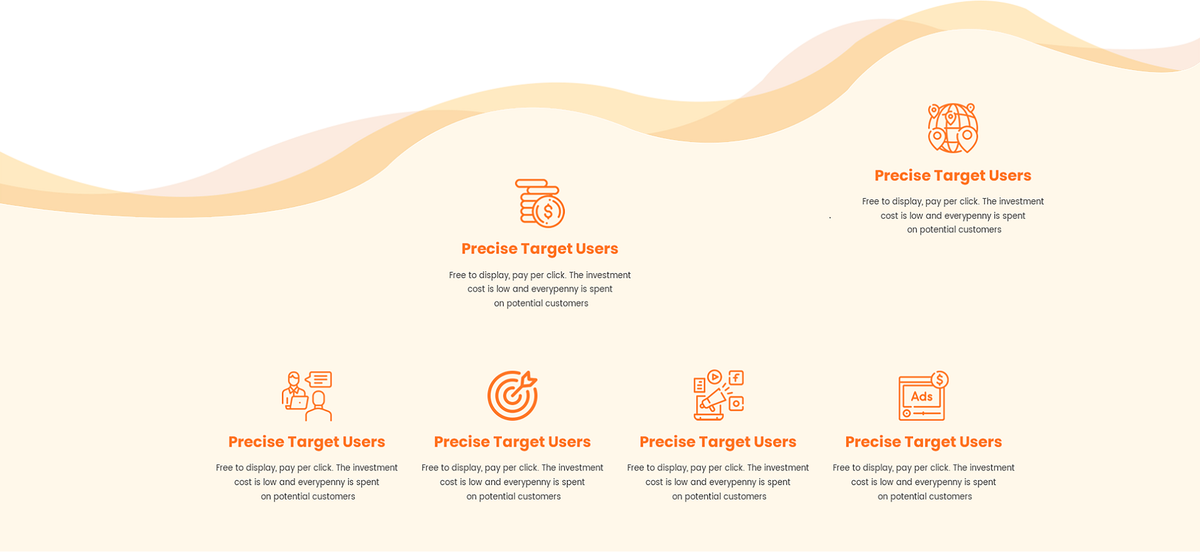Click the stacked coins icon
540,203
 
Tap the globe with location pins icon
953,128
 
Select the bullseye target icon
512,396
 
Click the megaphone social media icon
718,396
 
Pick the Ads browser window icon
923,396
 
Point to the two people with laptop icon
307,396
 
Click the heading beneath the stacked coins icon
540,249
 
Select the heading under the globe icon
953,175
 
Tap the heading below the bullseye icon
512,442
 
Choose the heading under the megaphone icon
718,442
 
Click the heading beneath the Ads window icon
923,442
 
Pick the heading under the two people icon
306,442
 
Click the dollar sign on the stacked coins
549,211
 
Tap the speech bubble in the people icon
318,379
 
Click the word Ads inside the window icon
921,397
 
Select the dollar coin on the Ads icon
940,380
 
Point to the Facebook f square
737,378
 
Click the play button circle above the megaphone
714,377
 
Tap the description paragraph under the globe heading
953,216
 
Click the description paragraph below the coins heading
540,289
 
